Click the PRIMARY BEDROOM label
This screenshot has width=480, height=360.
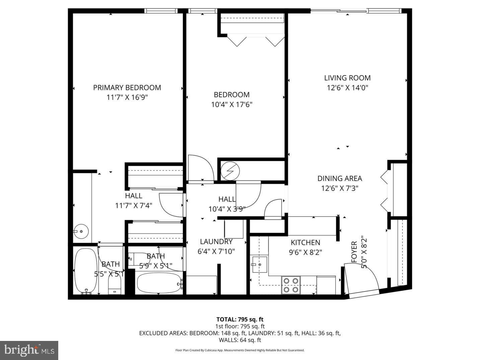tap(127, 88)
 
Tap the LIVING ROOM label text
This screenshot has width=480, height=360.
tap(347, 78)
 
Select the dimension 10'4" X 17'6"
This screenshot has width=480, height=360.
tap(231, 104)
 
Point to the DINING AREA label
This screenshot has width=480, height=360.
tap(339, 178)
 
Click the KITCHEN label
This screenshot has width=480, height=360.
tap(305, 242)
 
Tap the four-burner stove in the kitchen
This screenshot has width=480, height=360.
tap(291, 285)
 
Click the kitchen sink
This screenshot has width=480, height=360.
tap(259, 265)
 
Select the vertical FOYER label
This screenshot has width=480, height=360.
tap(354, 252)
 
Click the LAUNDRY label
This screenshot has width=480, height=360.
tap(216, 242)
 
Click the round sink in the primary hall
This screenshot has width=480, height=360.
tap(81, 231)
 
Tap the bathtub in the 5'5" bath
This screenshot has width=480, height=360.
tap(86, 271)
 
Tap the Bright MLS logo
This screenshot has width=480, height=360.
tap(29, 350)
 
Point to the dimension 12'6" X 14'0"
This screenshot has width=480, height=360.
tap(347, 88)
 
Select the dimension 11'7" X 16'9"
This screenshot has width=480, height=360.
tap(127, 97)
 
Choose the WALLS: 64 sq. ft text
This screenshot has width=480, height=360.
tap(240, 340)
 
